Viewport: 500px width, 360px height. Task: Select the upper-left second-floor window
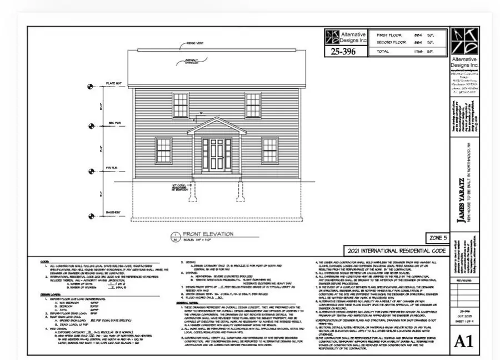180,104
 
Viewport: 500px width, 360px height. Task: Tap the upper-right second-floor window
253,104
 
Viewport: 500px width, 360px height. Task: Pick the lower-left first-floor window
163,151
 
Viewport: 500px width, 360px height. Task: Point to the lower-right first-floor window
269,151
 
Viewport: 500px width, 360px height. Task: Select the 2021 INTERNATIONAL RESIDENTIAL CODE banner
396,251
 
